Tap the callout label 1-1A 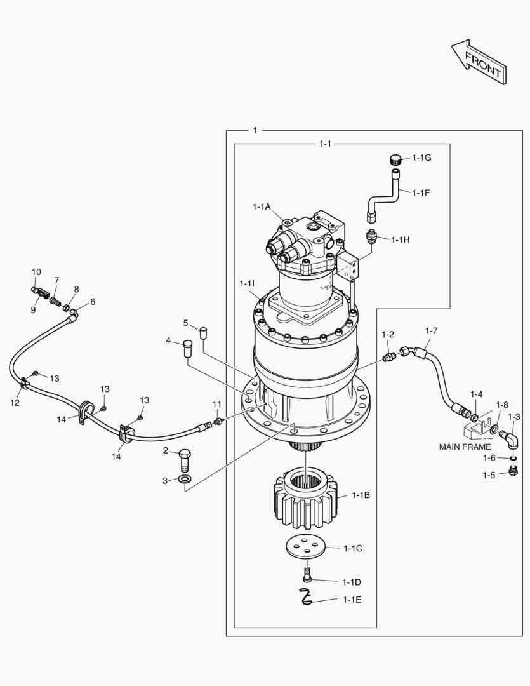(261, 207)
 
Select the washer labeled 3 (183, 478)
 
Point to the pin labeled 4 (188, 349)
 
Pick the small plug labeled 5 (204, 332)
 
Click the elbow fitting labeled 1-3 (509, 438)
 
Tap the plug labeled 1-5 (512, 471)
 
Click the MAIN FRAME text (465, 447)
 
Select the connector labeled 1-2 (390, 356)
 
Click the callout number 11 (216, 405)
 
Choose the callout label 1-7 (431, 331)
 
